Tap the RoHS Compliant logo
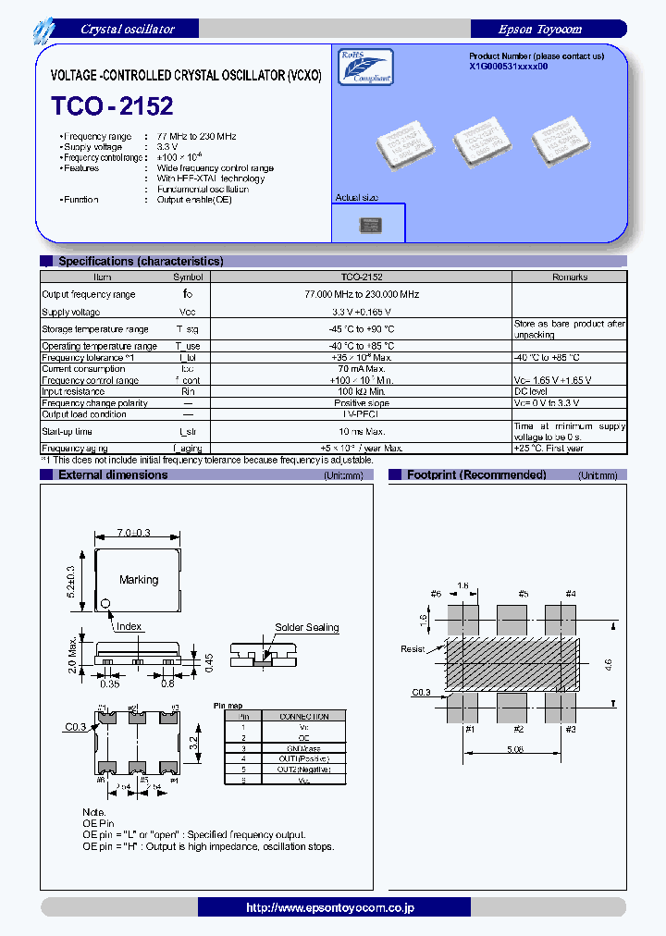367,68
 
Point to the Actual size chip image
369,225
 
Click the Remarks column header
569,277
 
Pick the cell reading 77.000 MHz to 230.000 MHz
362,294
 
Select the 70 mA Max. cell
362,369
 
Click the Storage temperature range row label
95,329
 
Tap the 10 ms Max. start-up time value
362,431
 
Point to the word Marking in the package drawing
139,580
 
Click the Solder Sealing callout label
306,627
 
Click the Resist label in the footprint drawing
413,649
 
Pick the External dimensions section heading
113,475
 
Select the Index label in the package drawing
129,626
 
